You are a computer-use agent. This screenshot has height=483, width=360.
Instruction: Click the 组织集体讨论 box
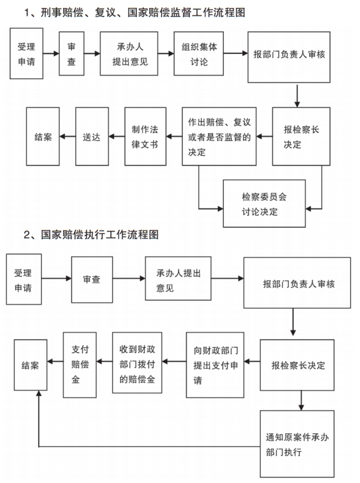[x=199, y=53]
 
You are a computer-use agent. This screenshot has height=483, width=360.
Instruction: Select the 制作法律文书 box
[x=145, y=136]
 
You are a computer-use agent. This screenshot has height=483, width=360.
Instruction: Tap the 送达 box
[x=92, y=136]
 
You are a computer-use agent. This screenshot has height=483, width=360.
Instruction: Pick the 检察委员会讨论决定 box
[x=264, y=204]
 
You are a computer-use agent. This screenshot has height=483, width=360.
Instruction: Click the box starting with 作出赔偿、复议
[x=219, y=136]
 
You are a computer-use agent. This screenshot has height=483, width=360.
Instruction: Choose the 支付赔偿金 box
[x=80, y=365]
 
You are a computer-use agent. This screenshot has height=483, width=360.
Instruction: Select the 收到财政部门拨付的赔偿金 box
[x=137, y=363]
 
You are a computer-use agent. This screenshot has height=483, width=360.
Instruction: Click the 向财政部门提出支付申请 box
[x=215, y=365]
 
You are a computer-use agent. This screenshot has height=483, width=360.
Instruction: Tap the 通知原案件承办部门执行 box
[x=297, y=444]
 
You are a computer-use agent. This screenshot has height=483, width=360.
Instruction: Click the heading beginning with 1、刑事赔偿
[x=135, y=13]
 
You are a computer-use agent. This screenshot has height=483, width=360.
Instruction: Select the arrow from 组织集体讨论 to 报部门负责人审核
[x=236, y=53]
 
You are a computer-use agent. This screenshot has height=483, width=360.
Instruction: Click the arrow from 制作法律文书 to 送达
[x=117, y=136]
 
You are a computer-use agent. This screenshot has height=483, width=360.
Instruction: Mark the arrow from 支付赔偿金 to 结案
[x=55, y=361]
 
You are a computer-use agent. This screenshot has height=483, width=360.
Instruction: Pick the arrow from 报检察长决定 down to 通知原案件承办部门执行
[x=301, y=400]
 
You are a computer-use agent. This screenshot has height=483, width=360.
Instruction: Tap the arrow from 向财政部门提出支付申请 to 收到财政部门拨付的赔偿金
[x=174, y=361]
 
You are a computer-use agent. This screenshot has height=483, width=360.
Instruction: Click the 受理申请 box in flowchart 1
[x=26, y=53]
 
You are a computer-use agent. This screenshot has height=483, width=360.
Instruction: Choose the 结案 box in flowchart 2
[x=31, y=365]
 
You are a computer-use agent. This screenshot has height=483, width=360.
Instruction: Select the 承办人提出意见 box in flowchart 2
[x=178, y=279]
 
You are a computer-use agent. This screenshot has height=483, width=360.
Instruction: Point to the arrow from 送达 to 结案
[x=67, y=136]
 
